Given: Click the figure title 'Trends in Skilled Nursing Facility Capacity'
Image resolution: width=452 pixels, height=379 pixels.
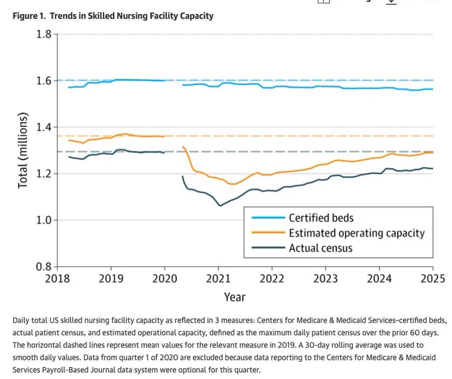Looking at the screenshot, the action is coord(132,16).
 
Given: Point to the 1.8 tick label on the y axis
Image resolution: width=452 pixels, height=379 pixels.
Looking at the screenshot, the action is coord(44,35).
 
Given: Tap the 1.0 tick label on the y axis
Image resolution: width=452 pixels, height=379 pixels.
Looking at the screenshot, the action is coord(44,220).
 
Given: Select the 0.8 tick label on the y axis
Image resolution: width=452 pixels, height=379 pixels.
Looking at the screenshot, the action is coord(44,267).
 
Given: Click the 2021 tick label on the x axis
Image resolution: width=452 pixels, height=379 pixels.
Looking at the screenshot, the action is coord(218,279).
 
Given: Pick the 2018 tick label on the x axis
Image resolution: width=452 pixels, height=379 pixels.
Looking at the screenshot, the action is coord(57,279).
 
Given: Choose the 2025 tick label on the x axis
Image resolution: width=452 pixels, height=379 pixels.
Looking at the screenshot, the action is coord(433,279).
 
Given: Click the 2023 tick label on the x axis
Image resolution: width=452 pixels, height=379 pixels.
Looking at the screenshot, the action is coord(326,279).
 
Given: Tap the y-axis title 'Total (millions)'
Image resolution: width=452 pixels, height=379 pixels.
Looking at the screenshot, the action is coord(23,150).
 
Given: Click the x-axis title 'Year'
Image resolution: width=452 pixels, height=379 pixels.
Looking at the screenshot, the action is coord(235,297).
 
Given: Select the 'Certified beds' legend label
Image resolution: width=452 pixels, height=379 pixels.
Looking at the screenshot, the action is coord(321,218).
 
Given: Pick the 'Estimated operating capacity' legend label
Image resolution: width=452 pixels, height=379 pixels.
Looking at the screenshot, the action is coord(357,233).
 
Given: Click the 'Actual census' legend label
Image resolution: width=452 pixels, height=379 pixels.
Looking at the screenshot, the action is coord(320,248).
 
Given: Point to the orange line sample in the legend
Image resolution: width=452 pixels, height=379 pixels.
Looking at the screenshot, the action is coord(269,232).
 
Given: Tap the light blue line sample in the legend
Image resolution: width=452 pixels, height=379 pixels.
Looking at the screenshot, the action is coord(269,217).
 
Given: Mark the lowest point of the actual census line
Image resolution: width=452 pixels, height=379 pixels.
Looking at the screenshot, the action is coord(220,205).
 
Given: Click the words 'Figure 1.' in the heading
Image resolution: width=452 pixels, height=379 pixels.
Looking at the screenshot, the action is coord(29,16).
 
